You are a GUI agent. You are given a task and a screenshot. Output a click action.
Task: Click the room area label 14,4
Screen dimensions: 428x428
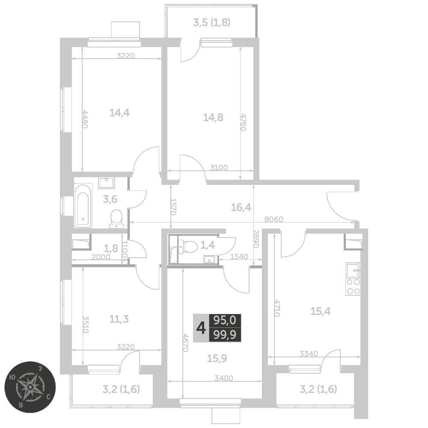coord(119,113)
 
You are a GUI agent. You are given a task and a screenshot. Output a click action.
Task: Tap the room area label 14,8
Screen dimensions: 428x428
coord(213,117)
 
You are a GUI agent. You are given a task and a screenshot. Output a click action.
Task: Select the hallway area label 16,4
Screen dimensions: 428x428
coord(241,208)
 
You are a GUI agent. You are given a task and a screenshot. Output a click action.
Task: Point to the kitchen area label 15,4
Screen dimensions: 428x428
coord(321,311)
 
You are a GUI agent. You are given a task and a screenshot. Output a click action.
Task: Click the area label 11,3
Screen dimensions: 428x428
coord(119,319)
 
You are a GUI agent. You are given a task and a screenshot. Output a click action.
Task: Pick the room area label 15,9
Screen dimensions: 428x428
coord(217,358)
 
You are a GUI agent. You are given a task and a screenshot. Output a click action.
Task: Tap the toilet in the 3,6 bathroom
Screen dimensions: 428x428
coord(116,219)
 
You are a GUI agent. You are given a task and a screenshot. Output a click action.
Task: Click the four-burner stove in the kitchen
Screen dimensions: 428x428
coord(353,287)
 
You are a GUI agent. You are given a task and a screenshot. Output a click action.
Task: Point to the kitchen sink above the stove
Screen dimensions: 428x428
coord(353,270)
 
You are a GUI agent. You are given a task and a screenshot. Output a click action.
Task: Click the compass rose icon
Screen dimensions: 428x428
coord(30,387)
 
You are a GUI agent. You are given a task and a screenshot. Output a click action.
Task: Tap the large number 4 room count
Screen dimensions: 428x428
coord(201,328)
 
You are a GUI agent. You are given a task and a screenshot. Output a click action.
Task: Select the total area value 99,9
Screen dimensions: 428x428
coord(225,335)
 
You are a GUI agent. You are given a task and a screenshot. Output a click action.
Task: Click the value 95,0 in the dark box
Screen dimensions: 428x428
coord(225,321)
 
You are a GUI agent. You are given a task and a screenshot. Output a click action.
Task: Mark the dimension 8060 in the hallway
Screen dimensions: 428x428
coord(274,219)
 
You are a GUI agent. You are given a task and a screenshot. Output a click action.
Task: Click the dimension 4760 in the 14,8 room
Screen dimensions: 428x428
coord(243,122)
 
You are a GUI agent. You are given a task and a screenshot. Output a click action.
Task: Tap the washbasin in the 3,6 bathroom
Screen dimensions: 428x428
coord(107,183)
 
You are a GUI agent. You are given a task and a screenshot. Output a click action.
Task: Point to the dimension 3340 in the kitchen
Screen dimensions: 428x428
coord(309,354)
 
